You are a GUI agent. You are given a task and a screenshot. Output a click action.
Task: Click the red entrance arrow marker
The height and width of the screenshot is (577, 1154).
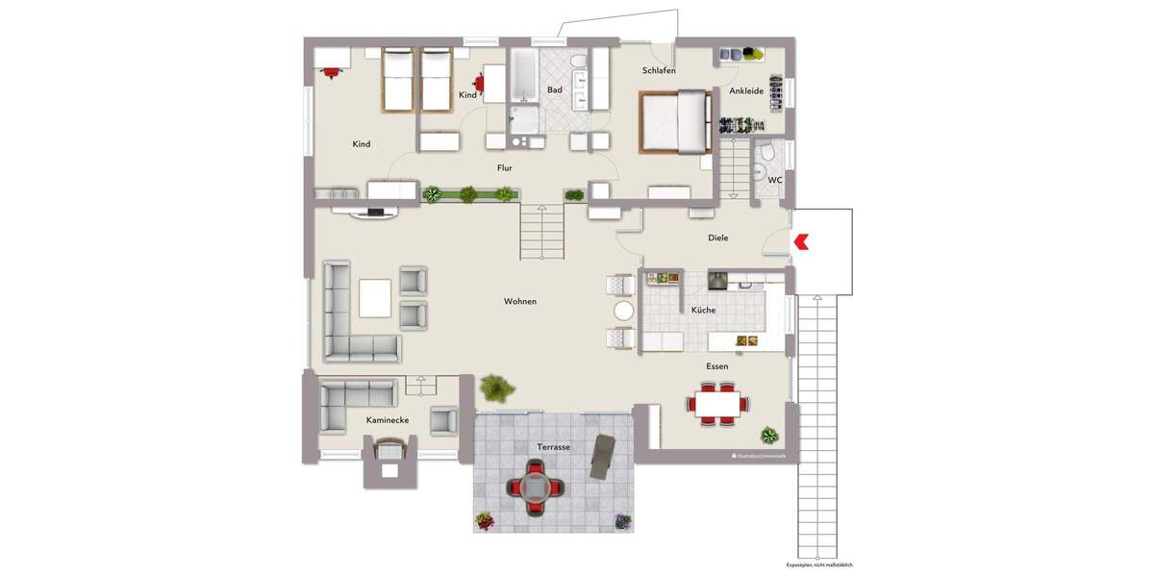(x=800, y=242)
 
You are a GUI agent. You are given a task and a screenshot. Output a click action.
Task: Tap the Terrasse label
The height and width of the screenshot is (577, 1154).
(x=554, y=447)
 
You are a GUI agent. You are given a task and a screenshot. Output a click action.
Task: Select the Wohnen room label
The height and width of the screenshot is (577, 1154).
(x=520, y=302)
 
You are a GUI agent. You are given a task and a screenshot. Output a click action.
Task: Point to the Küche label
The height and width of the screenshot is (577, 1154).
(x=703, y=311)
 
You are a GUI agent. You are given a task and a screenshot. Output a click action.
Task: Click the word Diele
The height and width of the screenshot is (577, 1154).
(x=718, y=238)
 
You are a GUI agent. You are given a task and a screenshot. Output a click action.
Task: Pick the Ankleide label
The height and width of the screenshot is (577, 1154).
(x=746, y=91)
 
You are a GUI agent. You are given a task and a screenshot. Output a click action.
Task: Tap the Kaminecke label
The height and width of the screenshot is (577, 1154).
(x=388, y=421)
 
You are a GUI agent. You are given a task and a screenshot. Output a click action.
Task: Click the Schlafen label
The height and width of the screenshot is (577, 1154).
(x=659, y=71)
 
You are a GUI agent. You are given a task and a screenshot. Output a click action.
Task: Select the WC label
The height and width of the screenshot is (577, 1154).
(x=775, y=180)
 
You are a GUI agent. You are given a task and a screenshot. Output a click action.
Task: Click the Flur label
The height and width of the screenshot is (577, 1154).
(x=504, y=168)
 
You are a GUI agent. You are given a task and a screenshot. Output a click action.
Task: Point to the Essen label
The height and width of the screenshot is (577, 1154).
(x=716, y=366)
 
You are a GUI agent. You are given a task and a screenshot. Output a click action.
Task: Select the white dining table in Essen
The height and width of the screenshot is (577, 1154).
(x=717, y=403)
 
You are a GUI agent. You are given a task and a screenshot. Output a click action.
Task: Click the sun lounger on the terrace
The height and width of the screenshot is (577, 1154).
(x=602, y=455)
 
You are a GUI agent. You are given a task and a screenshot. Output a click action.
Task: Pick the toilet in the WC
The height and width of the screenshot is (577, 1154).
(x=766, y=155)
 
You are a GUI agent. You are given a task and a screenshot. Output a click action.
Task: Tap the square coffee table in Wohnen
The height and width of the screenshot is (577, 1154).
(x=375, y=297)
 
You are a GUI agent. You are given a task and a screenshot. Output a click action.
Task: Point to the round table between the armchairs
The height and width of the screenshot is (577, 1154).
(x=624, y=311)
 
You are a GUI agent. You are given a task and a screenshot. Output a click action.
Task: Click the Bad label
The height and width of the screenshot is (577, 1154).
(x=555, y=90)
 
